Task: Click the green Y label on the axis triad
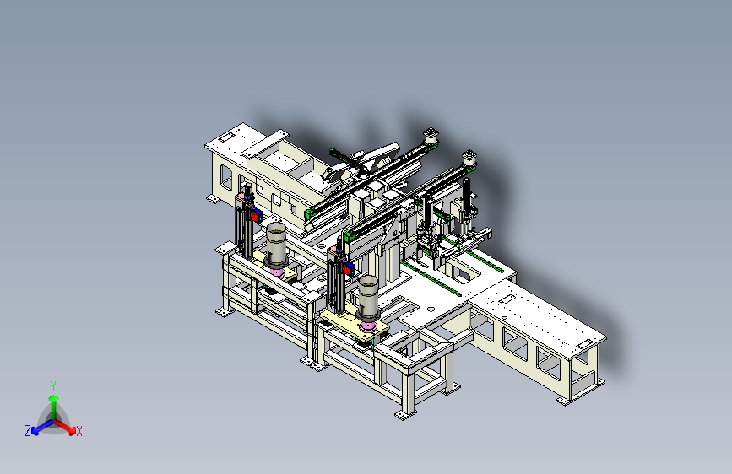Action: [53, 386]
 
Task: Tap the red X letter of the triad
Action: [79, 432]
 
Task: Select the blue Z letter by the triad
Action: [28, 431]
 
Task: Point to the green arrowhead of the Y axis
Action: [54, 398]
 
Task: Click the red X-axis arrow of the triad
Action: [63, 426]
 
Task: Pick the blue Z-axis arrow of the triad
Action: [43, 427]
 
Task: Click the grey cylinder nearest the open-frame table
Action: [368, 297]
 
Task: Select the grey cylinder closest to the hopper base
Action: [276, 243]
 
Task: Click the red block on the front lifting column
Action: [348, 269]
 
